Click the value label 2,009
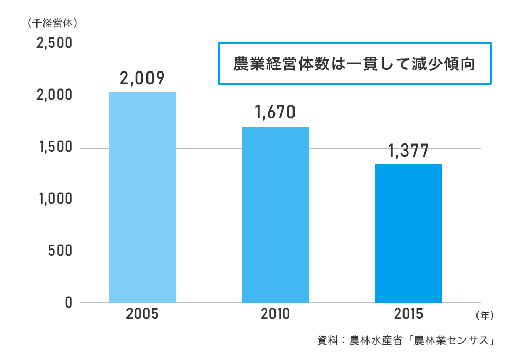(142, 78)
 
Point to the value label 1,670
(276, 113)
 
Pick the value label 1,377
(409, 151)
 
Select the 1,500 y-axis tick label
(54, 148)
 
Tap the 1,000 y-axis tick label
(54, 200)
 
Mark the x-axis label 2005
(142, 314)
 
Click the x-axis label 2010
(276, 314)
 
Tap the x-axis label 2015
(409, 314)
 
